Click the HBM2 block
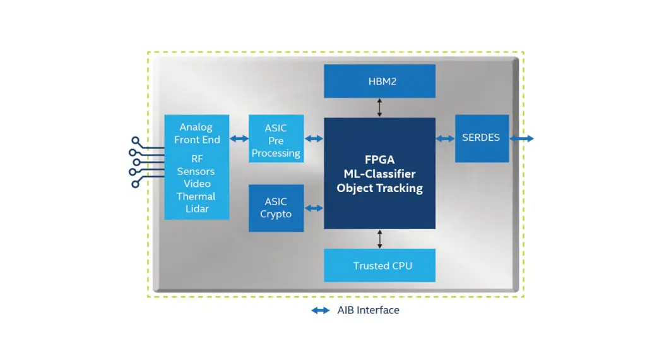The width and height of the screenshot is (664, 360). click(379, 81)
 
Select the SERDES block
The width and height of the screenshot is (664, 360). click(482, 138)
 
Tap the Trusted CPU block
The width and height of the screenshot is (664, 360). click(379, 265)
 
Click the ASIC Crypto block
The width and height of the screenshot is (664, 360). click(276, 208)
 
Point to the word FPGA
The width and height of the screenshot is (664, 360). click(379, 160)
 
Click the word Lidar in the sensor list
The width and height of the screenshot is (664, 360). click(197, 209)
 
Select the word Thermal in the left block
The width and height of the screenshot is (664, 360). click(196, 196)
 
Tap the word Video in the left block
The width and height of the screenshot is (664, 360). click(197, 184)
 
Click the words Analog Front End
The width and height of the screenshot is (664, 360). click(197, 133)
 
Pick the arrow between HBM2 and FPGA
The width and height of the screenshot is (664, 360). click(379, 107)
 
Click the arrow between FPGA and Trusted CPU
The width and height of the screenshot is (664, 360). click(379, 239)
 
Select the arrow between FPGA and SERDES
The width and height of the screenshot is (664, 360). click(445, 138)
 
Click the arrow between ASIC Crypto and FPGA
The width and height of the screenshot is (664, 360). click(314, 208)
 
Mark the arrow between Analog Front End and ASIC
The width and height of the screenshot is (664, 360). click(239, 138)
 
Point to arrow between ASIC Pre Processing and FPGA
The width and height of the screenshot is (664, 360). click(314, 138)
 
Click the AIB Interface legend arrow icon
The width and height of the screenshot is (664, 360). click(321, 310)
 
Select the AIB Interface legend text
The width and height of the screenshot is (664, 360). click(368, 310)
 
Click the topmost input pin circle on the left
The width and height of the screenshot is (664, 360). click(135, 140)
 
